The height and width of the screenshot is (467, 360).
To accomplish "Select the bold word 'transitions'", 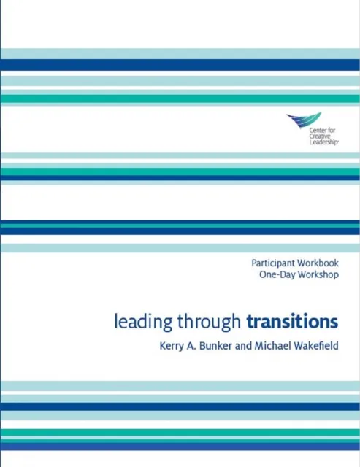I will pyautogui.click(x=292, y=321).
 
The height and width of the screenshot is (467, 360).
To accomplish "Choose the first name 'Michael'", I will pyautogui.click(x=264, y=348).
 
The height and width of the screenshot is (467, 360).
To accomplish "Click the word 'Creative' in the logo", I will pyautogui.click(x=301, y=137).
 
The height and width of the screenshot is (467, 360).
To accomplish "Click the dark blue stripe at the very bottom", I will pyautogui.click(x=180, y=446).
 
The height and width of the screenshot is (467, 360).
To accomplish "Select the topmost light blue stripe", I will pyautogui.click(x=180, y=53).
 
